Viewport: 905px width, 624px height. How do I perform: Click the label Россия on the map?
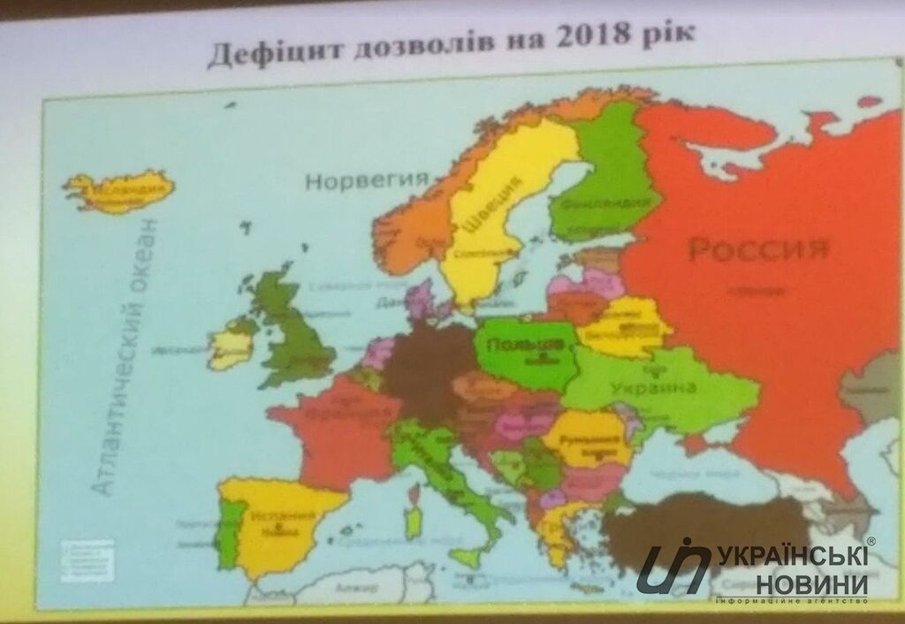tap(758, 249)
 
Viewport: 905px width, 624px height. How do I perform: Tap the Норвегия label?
tap(360, 181)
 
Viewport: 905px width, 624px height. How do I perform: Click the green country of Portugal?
tap(229, 531)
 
